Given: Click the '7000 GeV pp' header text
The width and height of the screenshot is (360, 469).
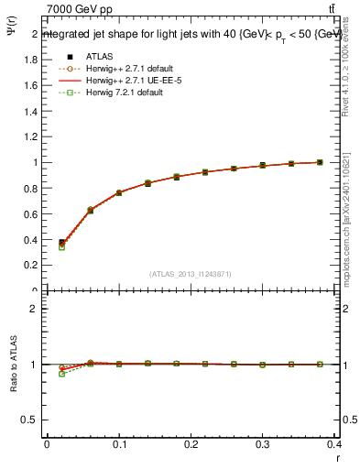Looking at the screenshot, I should [79, 8].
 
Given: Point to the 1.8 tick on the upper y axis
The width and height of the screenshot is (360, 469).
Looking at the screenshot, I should [32, 60].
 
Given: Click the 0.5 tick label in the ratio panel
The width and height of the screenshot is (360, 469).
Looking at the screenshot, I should [32, 420].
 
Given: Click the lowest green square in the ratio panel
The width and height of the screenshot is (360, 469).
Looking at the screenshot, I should [61, 374].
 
